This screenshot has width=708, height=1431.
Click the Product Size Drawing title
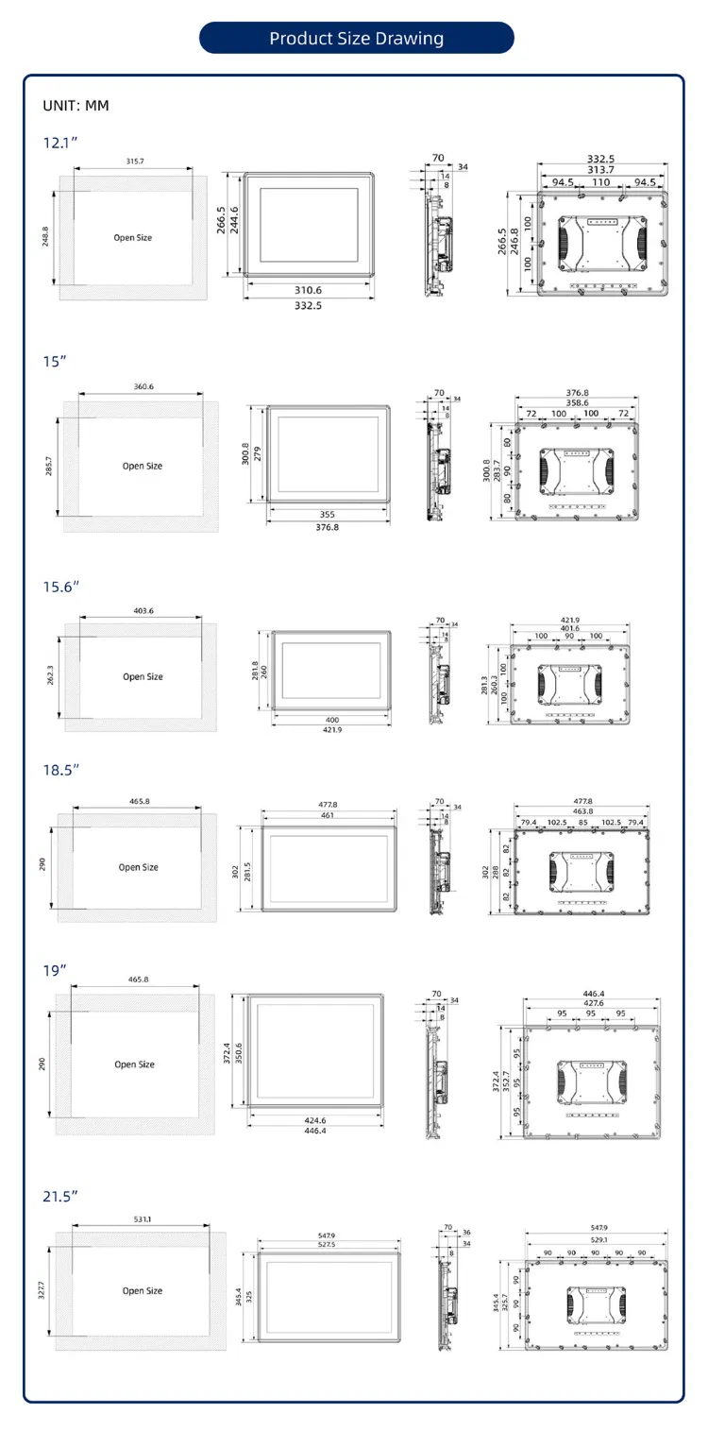coord(356,39)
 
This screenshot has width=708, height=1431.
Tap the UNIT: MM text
coord(76,106)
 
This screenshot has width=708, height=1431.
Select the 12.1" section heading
coord(60,144)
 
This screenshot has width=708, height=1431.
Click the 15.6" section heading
coord(61,586)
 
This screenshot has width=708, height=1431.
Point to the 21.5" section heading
coord(60,1196)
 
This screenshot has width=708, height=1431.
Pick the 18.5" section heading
coord(61,770)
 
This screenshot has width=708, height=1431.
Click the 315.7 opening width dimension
coord(135,162)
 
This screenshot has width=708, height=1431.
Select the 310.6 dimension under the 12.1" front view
coord(308,290)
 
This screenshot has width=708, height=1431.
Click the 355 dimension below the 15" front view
coord(327,515)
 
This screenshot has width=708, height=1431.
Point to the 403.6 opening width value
coord(143,611)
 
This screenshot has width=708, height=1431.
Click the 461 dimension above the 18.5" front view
coord(328,814)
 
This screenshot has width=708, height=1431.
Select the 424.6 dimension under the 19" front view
coord(316,1121)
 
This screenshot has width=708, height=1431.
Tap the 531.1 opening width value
coord(143,1219)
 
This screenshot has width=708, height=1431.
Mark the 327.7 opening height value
coord(42,1290)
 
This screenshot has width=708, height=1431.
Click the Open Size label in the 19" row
coord(134,1065)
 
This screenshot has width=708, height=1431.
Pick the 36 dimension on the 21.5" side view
coord(466,1233)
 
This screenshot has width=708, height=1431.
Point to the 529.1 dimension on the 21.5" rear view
coord(598,1239)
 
